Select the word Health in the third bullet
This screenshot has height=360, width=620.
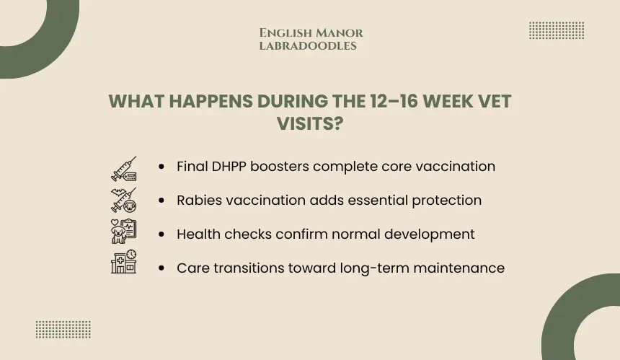[x=198, y=234]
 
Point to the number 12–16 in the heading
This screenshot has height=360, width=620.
[x=393, y=101]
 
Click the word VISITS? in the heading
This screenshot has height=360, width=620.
[x=310, y=123]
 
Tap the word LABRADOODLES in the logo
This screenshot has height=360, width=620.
[x=308, y=46]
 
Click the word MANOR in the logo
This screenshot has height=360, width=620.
[x=340, y=33]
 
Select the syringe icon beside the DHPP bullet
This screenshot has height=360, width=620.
[x=124, y=169]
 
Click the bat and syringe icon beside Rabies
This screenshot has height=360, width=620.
[x=124, y=200]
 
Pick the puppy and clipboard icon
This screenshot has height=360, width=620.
[x=124, y=232]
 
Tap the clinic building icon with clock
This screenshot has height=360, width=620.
[x=124, y=261]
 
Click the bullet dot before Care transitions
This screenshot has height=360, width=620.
[x=161, y=268]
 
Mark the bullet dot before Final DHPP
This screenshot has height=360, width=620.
[x=161, y=167]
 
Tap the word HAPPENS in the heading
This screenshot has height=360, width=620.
[x=211, y=101]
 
